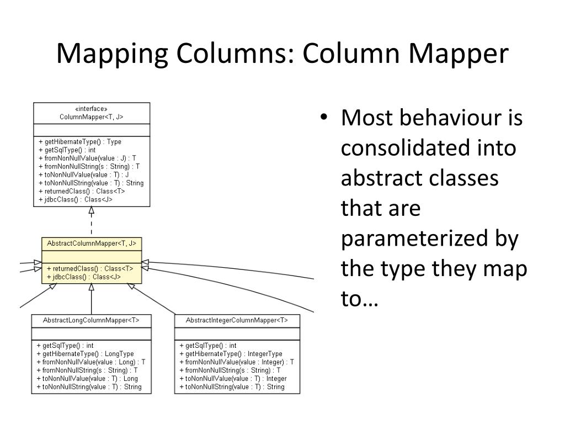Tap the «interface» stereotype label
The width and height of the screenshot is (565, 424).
(x=92, y=109)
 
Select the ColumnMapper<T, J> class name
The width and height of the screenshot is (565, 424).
(x=92, y=117)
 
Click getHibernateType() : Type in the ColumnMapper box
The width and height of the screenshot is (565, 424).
(x=81, y=142)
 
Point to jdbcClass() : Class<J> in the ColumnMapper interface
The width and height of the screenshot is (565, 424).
(x=76, y=199)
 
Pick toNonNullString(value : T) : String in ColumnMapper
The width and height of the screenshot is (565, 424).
(x=92, y=183)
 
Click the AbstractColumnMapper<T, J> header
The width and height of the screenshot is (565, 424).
(x=92, y=243)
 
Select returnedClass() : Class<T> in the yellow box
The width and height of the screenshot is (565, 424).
(x=90, y=269)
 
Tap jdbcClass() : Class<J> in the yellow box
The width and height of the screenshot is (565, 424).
(x=84, y=277)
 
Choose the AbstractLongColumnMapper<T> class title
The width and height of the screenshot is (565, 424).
(x=92, y=320)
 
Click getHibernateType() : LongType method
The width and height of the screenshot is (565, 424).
(x=86, y=354)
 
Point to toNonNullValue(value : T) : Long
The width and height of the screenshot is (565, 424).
(x=88, y=379)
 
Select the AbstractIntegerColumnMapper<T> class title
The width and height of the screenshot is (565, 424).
(x=237, y=320)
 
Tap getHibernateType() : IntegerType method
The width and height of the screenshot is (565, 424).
(x=231, y=354)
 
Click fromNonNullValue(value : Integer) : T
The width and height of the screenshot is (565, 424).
(x=237, y=362)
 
